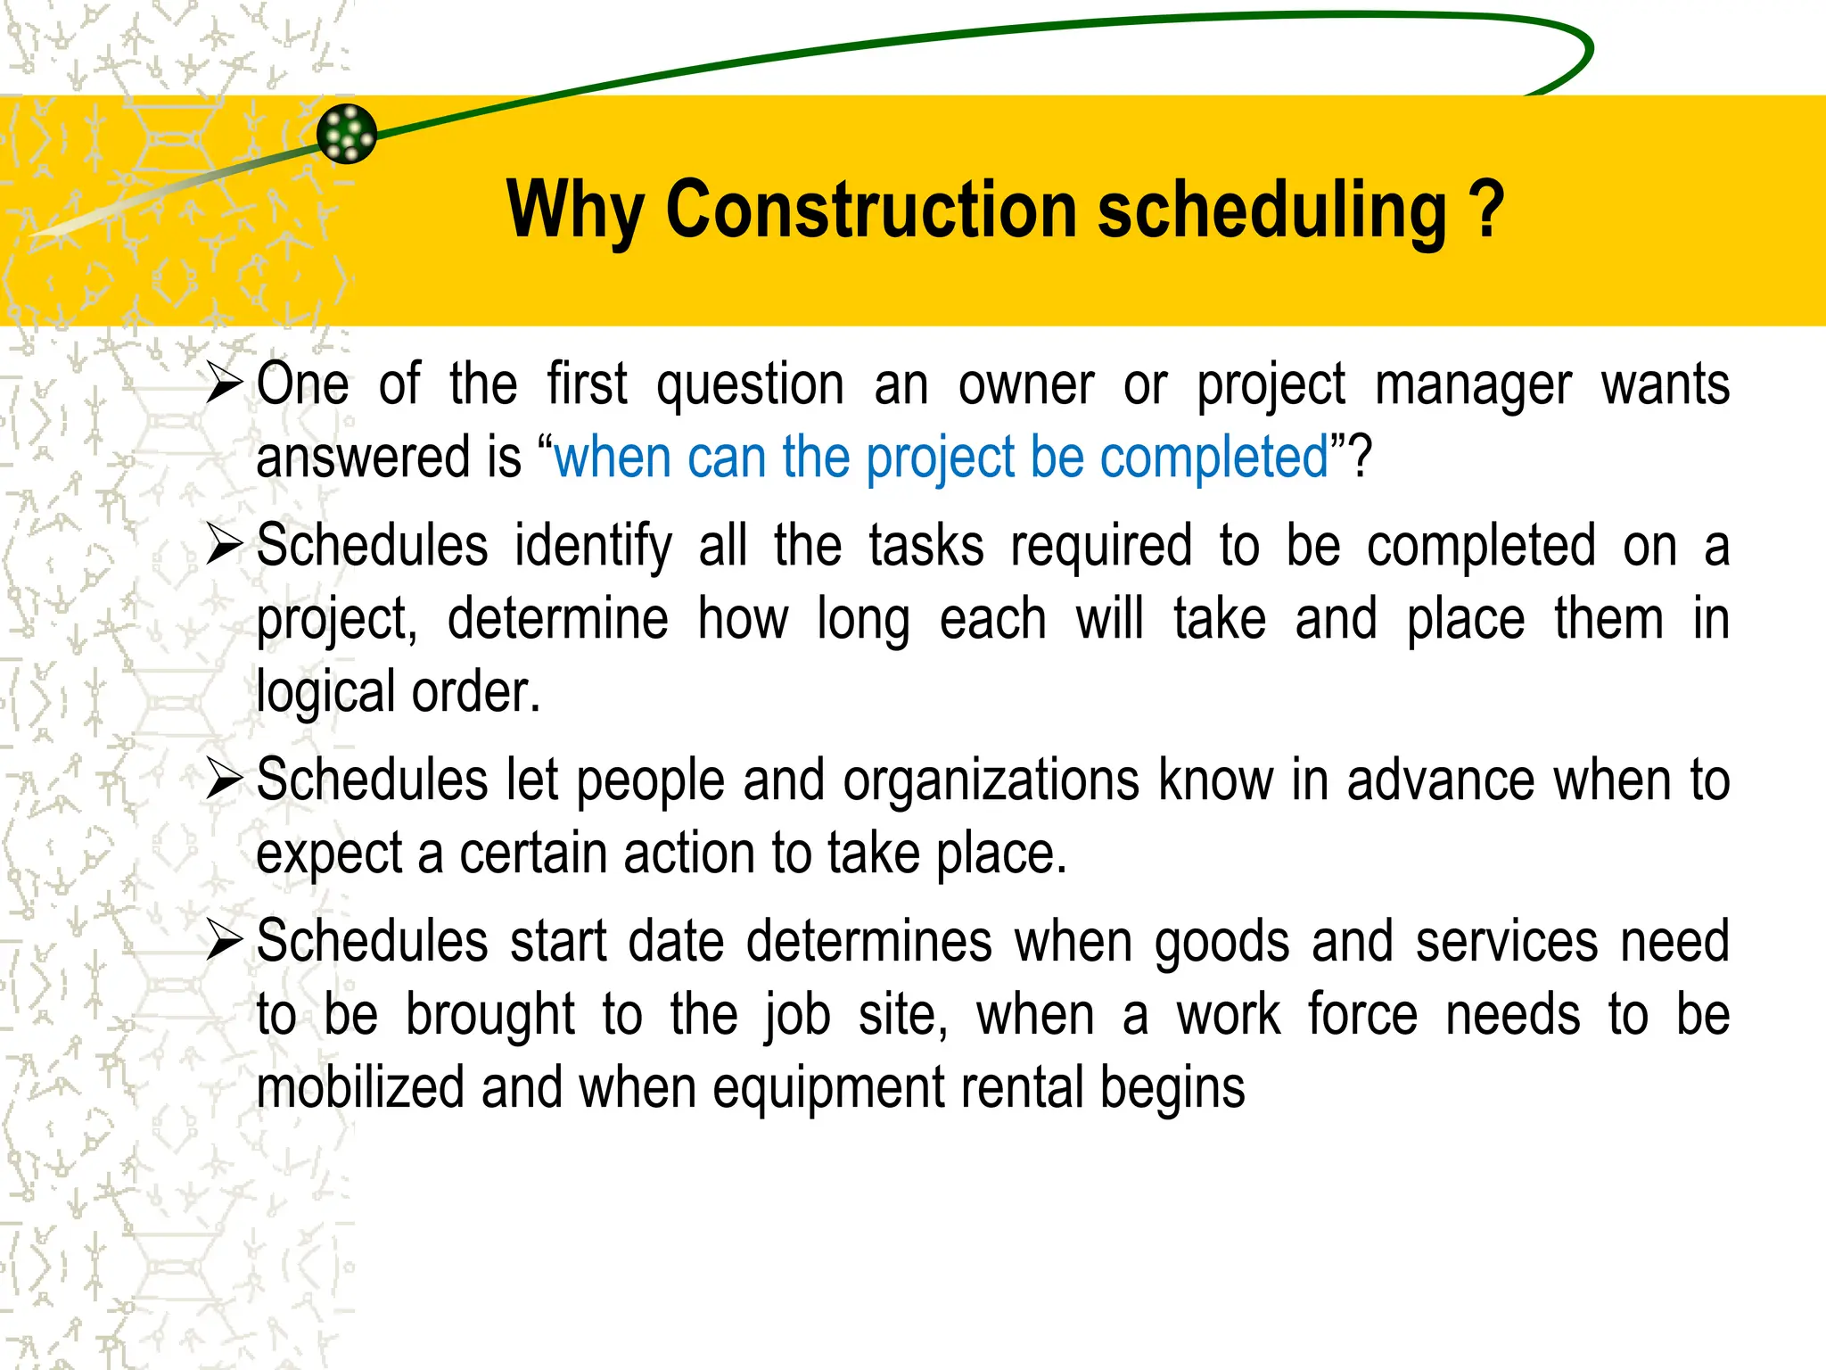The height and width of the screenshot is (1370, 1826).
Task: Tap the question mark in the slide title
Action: click(1485, 210)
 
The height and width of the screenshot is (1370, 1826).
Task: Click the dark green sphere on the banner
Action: click(347, 134)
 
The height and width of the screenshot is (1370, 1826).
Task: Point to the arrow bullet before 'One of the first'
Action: click(224, 384)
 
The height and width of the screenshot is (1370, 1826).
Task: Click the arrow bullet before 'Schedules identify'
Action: click(224, 545)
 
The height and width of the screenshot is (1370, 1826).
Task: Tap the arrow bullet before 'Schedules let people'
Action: click(224, 780)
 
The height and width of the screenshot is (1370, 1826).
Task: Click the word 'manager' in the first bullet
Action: click(1473, 386)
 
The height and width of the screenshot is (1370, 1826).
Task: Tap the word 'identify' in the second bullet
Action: click(593, 547)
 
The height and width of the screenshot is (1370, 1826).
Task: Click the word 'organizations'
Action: click(991, 781)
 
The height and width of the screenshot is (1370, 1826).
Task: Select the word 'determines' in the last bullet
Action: click(868, 942)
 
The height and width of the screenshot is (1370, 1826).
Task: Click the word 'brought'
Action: click(490, 1015)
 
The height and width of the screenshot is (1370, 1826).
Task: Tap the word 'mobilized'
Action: click(360, 1088)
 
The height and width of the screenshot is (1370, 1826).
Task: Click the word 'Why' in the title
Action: click(574, 211)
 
